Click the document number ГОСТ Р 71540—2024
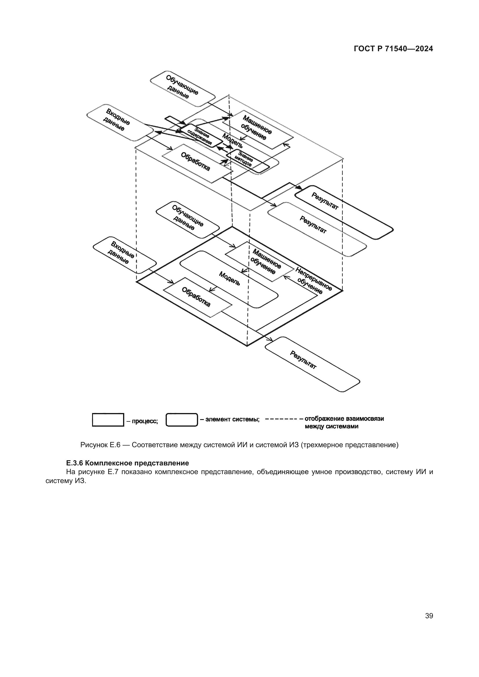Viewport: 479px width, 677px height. (393, 49)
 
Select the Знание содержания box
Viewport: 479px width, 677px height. (201, 135)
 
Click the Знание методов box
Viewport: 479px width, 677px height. (247, 161)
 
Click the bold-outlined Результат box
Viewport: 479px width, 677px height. (344, 212)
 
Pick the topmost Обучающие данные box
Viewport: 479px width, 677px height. (182, 88)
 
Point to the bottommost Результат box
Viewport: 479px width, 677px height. (312, 364)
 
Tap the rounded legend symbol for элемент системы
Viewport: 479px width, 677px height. (182, 420)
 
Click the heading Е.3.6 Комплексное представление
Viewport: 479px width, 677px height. (127, 463)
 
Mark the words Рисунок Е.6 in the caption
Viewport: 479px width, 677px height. (100, 445)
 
